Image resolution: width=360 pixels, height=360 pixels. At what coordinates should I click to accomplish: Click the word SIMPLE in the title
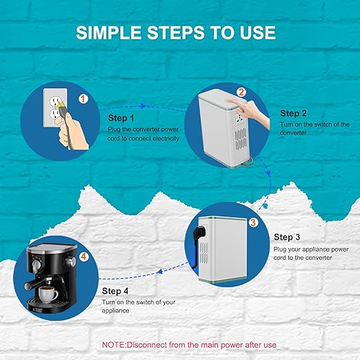[x=108, y=32]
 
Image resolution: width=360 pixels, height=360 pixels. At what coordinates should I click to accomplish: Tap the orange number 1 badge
[x=83, y=99]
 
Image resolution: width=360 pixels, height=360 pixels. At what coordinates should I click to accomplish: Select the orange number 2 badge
[x=241, y=92]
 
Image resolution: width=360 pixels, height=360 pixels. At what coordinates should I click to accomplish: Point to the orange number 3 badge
[x=253, y=222]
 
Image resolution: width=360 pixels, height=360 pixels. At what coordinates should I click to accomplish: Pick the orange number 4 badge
[x=83, y=257]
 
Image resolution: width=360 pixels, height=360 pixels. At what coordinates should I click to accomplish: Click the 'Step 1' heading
[x=121, y=118]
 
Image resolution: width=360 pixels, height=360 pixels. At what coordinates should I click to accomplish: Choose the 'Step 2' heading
[x=293, y=113]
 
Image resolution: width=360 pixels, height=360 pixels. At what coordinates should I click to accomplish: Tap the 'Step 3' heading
[x=287, y=237]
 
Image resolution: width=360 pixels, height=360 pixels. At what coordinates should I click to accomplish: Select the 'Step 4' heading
[x=115, y=291]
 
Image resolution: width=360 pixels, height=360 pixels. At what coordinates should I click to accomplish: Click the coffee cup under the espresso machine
[x=48, y=294]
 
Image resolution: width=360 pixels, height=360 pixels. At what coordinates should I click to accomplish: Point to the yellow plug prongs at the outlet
[x=61, y=105]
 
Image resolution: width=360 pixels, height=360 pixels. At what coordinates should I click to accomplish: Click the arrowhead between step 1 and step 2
[x=143, y=106]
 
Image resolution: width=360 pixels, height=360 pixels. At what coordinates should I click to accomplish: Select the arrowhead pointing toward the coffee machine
[x=160, y=272]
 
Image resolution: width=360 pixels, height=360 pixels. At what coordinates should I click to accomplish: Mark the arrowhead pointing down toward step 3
[x=268, y=173]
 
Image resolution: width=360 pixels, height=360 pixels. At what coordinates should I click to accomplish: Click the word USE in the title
[x=258, y=32]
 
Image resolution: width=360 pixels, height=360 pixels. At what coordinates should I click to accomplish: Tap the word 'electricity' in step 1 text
[x=166, y=139]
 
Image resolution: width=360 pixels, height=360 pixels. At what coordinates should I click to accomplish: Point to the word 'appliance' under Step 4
[x=115, y=311]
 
